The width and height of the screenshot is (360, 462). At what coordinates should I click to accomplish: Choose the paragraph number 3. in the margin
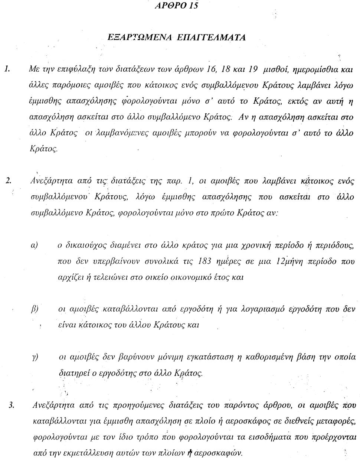(x=11, y=405)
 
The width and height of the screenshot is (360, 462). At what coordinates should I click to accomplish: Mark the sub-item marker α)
(x=34, y=245)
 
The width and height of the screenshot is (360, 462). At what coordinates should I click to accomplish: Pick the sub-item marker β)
(x=35, y=309)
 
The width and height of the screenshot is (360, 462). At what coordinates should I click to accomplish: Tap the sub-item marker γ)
(x=35, y=357)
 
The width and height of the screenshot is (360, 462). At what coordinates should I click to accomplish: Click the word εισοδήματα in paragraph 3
(x=274, y=437)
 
